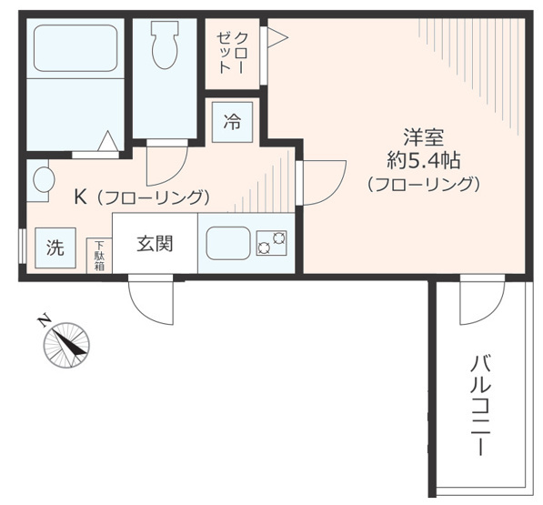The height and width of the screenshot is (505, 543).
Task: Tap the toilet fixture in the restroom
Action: [x=166, y=46]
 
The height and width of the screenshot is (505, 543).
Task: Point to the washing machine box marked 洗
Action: [x=55, y=248]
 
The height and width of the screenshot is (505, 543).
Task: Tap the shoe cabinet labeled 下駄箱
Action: [x=98, y=255]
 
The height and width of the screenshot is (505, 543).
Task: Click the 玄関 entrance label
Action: [x=155, y=243]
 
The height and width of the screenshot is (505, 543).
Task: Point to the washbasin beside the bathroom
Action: [x=40, y=180]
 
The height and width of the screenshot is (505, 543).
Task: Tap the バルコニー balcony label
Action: [x=480, y=405]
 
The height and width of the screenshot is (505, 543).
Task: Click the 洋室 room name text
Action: [x=423, y=138]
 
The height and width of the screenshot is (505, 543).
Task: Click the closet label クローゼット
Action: [x=232, y=53]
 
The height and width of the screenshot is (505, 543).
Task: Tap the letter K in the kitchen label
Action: [x=80, y=197]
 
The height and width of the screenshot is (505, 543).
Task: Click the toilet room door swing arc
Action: [x=166, y=164]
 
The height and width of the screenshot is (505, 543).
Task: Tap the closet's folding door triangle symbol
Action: [x=276, y=37]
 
